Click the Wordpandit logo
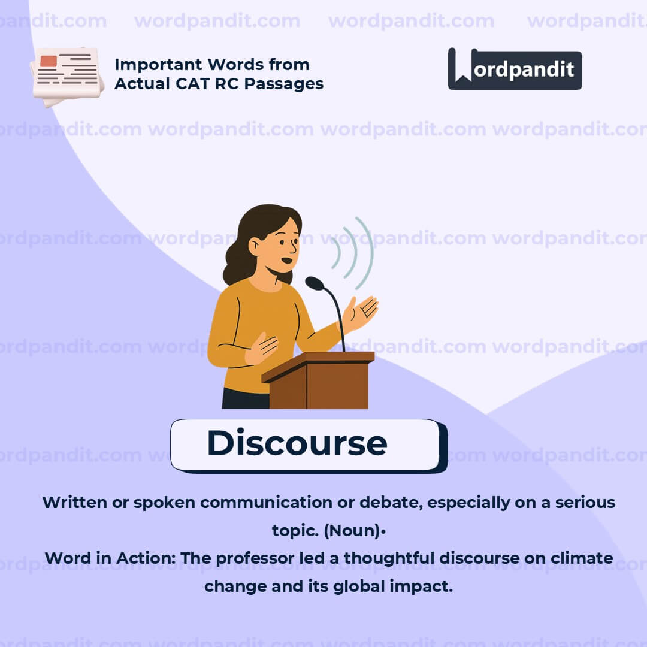515,69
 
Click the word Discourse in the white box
297,443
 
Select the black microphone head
314,283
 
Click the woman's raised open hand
363,312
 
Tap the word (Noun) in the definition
353,531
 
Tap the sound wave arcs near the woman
355,252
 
